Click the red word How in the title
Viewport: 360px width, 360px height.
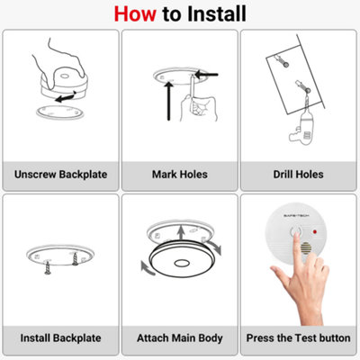(x=135, y=13)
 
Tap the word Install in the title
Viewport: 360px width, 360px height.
(x=217, y=13)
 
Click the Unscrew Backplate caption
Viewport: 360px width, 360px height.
(x=60, y=175)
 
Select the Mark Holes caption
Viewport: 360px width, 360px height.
(x=180, y=175)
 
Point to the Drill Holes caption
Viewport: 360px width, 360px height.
(x=298, y=175)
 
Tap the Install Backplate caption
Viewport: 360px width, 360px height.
(x=60, y=338)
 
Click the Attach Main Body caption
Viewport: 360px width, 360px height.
(x=180, y=338)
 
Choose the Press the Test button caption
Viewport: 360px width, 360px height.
(x=298, y=338)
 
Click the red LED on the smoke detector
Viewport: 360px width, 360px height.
(x=315, y=232)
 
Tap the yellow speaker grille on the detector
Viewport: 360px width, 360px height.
(x=306, y=248)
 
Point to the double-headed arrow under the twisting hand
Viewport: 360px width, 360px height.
(x=66, y=97)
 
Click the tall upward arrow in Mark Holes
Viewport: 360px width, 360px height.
(x=169, y=101)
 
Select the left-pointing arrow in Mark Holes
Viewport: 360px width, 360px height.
(x=206, y=74)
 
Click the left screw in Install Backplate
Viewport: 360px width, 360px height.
(x=48, y=267)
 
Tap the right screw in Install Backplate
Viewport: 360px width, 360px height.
(x=75, y=259)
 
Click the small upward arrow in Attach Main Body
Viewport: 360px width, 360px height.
(x=181, y=233)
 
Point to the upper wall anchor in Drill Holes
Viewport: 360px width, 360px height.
(x=282, y=60)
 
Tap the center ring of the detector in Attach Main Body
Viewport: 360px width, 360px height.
(x=182, y=263)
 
